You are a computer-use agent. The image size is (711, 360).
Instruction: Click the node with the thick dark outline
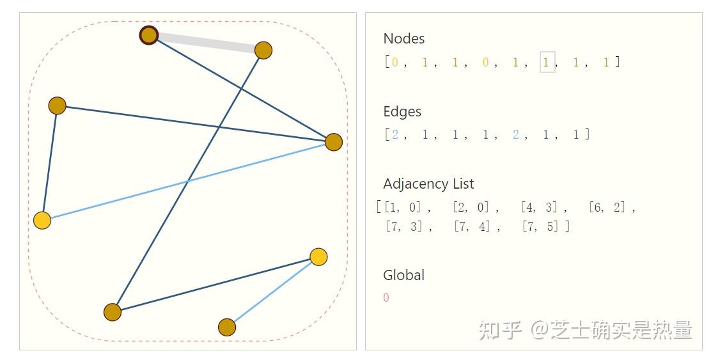(149, 35)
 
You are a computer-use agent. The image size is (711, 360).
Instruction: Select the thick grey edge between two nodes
(206, 42)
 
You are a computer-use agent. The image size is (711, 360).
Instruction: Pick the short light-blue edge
(273, 292)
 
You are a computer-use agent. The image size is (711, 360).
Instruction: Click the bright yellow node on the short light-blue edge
(318, 257)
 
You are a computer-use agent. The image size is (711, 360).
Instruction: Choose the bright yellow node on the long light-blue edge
(42, 221)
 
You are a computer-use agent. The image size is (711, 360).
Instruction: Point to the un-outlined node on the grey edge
(263, 50)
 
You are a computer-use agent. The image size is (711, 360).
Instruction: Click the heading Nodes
(403, 38)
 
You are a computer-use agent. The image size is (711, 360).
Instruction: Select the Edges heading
(402, 111)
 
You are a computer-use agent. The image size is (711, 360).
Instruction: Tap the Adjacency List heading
(428, 184)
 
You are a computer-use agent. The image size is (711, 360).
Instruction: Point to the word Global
(403, 275)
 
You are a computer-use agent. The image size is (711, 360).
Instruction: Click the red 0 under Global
(386, 297)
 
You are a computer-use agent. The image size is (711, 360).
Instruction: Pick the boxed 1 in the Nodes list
(547, 62)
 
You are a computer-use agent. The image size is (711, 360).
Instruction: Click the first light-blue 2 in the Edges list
(395, 135)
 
